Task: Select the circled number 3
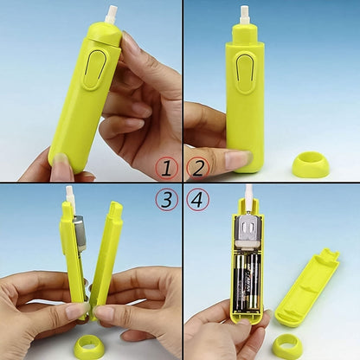coord(165,200)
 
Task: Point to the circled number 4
coord(198,200)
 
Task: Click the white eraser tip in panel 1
coord(111,13)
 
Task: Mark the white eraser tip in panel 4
coord(248,195)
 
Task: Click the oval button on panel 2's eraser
coord(246,72)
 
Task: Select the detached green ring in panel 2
coord(310,164)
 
